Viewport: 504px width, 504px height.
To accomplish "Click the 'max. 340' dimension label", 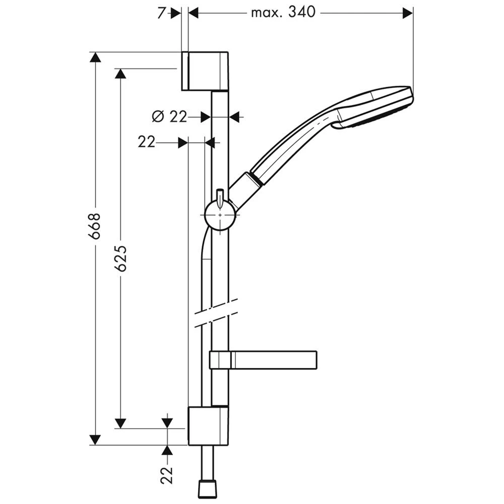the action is [283, 13].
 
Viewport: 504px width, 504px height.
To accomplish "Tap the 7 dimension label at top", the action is [162, 13].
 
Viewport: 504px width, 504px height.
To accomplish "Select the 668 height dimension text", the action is [95, 225].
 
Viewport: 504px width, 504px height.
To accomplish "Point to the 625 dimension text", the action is [121, 259].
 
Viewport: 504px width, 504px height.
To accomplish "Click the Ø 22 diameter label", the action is [169, 117].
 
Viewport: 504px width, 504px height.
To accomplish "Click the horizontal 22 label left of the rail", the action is [146, 142].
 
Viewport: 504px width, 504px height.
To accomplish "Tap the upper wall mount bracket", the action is [205, 71].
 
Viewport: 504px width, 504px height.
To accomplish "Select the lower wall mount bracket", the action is [208, 425].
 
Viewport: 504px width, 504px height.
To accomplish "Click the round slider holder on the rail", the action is [220, 215].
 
